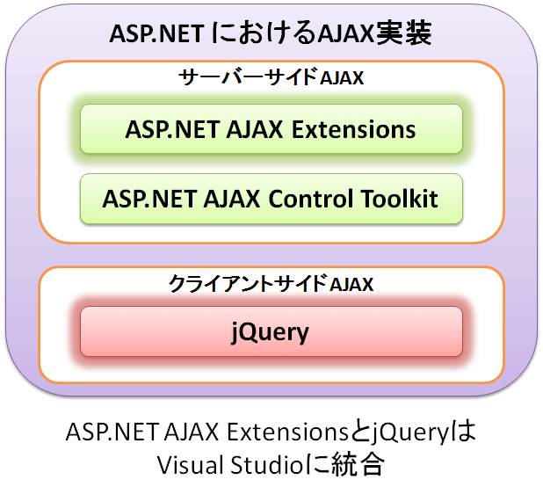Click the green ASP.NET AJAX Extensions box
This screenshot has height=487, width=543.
point(271,129)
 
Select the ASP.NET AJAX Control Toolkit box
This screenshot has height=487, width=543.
point(271,199)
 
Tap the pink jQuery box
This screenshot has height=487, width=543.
point(271,331)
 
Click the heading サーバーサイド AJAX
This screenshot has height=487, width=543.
point(271,77)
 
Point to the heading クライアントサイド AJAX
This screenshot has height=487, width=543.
point(271,284)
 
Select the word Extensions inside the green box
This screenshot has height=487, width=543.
point(353,130)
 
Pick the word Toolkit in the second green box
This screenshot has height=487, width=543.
point(400,200)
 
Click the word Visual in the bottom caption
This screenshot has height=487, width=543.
point(190,465)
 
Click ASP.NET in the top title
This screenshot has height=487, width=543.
point(157,34)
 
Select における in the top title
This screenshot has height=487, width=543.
point(263,33)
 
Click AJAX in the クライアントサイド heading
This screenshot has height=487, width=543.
point(351,284)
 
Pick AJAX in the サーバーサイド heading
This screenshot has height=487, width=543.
point(342,78)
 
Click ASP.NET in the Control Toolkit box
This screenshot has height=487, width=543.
point(149,200)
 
